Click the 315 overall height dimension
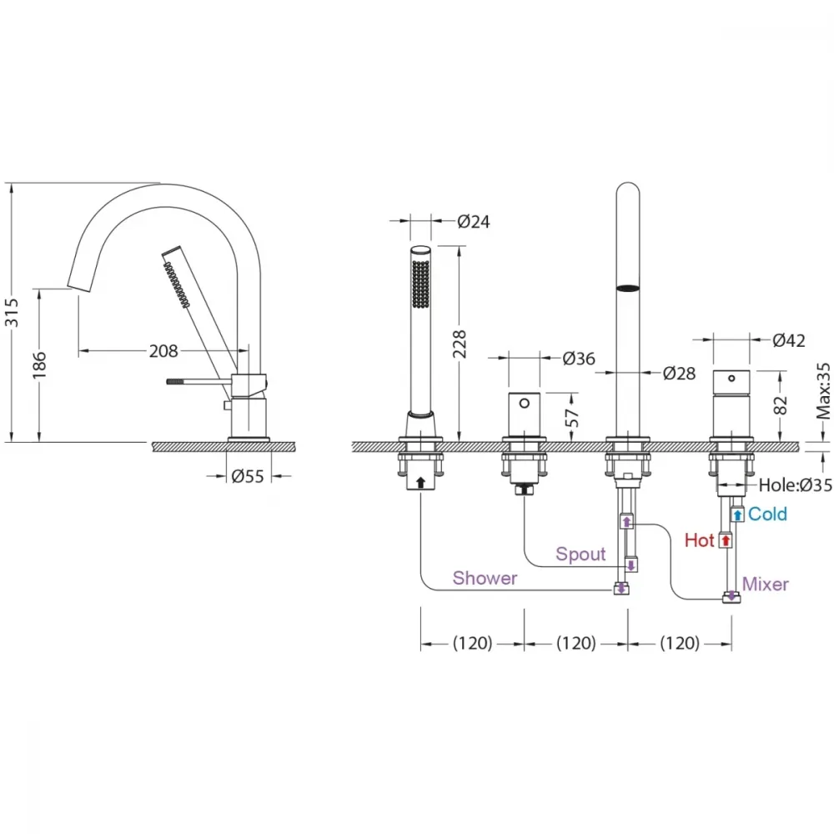(x=12, y=313)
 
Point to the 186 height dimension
(x=39, y=365)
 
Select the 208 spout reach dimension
(x=163, y=351)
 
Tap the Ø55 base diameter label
(x=248, y=476)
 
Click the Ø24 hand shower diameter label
(x=474, y=221)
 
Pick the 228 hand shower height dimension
(x=460, y=344)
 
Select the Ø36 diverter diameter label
(x=579, y=359)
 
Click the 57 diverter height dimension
(x=572, y=418)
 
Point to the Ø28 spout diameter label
(x=679, y=374)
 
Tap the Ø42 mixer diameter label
(x=789, y=340)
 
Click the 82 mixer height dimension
(x=780, y=405)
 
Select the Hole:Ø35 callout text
(x=795, y=485)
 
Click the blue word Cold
(x=767, y=514)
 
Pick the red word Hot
(x=699, y=540)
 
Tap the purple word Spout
(x=580, y=555)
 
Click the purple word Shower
(x=485, y=578)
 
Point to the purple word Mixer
(x=765, y=584)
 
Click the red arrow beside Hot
(x=726, y=541)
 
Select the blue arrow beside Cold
(x=737, y=515)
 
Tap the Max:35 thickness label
(x=823, y=391)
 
